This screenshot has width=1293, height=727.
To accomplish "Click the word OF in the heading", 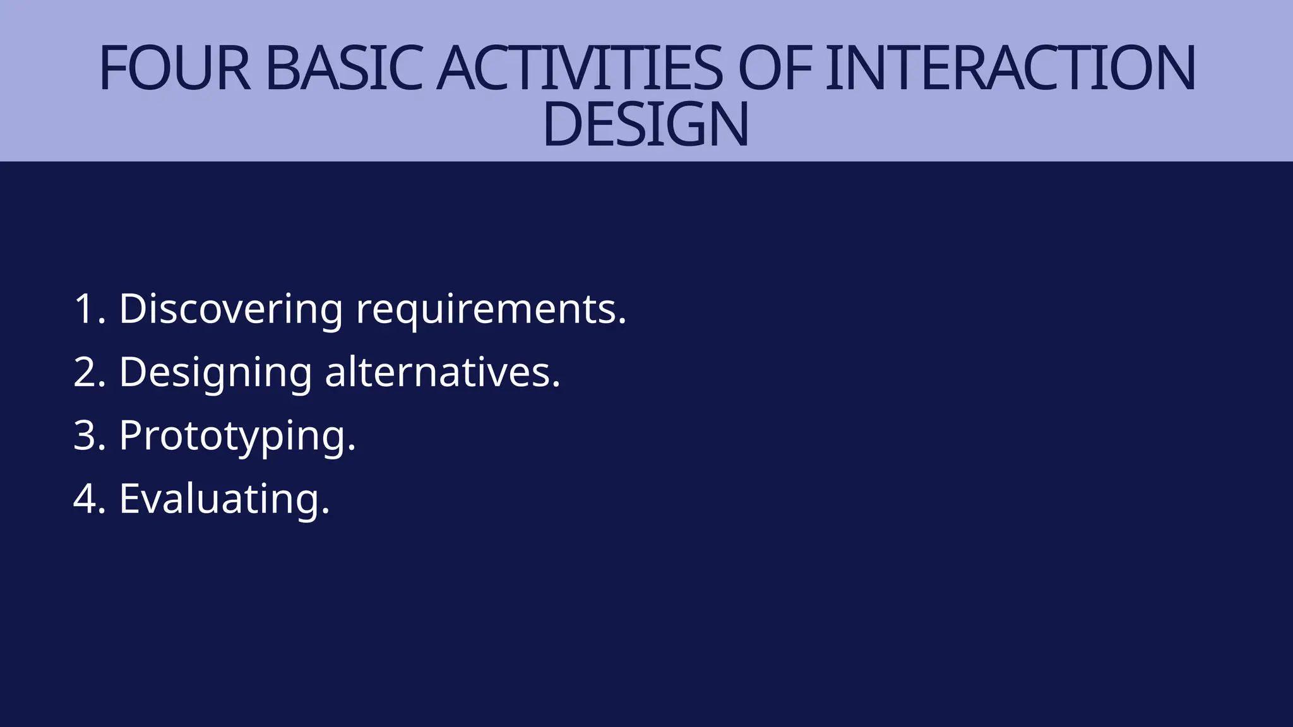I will [x=774, y=68].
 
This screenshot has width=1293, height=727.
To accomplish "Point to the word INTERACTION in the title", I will [x=1010, y=68].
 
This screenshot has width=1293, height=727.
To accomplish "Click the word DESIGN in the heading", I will [x=646, y=124].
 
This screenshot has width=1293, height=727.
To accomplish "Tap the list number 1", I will [x=85, y=309].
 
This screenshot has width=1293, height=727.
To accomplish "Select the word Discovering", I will [x=230, y=309].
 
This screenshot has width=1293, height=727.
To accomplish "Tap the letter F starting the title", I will [x=112, y=68].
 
